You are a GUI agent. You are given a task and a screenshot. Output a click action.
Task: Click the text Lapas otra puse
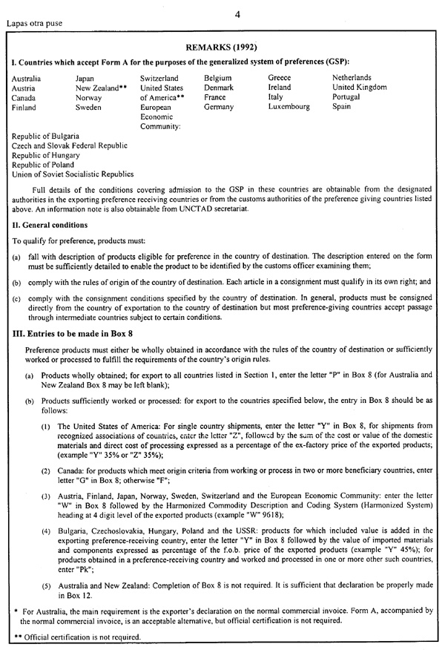click(34, 22)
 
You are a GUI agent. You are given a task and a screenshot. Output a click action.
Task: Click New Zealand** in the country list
click(99, 88)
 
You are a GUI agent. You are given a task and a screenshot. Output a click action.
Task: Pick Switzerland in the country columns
click(159, 78)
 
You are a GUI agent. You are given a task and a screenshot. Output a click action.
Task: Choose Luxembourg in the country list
click(290, 107)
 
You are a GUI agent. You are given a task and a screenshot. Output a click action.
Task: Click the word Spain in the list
click(342, 107)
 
